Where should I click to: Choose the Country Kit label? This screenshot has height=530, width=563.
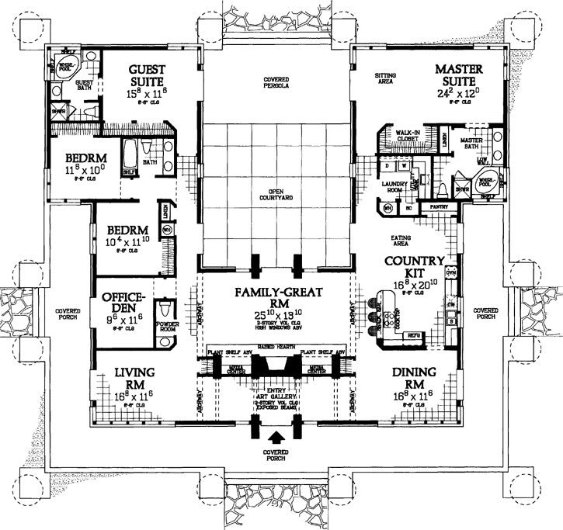click(419, 266)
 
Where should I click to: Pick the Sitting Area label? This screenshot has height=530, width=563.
click(384, 79)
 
